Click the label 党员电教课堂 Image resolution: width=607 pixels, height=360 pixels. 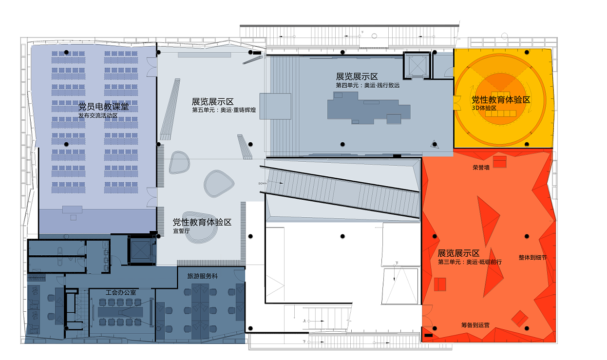(x=104, y=106)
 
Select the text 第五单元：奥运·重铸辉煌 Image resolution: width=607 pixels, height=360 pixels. (x=225, y=110)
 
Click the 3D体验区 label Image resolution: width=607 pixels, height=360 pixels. (x=484, y=108)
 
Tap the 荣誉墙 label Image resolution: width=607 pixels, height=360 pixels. (x=481, y=168)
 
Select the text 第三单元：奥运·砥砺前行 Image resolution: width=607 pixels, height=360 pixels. (x=470, y=262)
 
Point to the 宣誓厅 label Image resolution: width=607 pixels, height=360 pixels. (x=181, y=231)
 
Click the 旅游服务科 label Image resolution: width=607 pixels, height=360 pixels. (x=203, y=276)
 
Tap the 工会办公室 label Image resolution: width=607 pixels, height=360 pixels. (x=121, y=292)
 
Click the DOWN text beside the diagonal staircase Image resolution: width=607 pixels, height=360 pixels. (x=263, y=183)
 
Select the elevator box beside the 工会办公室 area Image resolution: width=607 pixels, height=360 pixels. (x=141, y=249)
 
